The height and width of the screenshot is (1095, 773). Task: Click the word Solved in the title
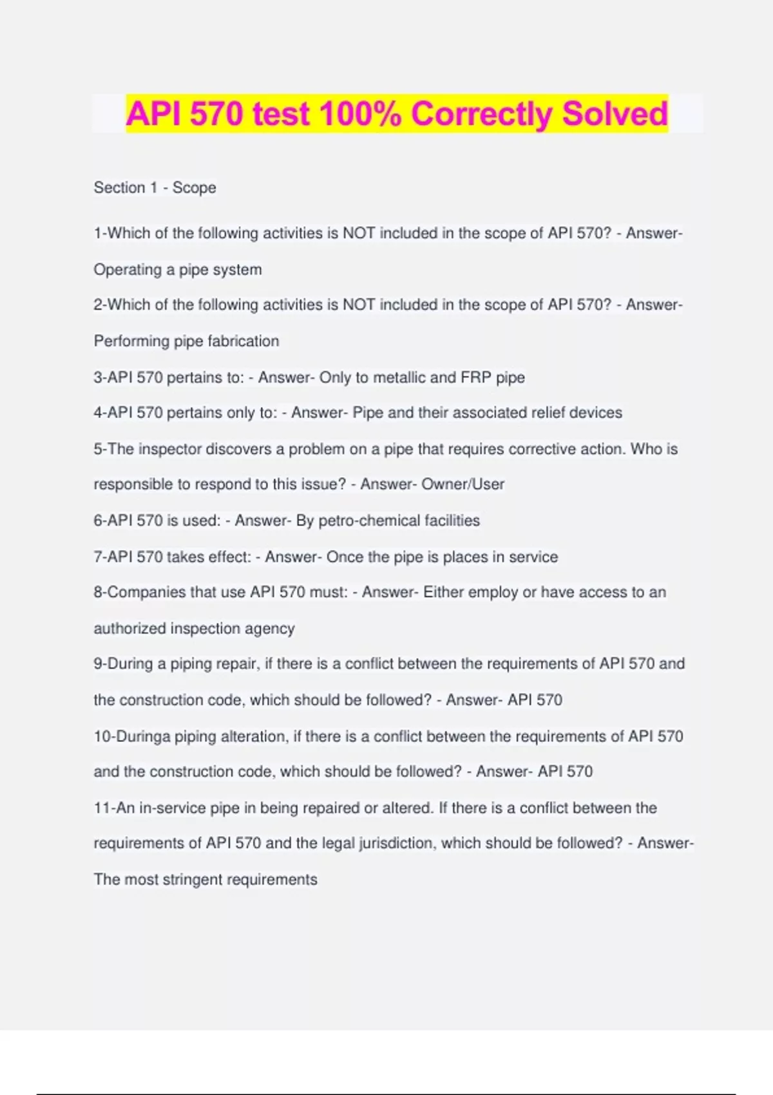point(615,114)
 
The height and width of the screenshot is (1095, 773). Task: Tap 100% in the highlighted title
point(360,114)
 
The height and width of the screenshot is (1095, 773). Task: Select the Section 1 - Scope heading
point(155,188)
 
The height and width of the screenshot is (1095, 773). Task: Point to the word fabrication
point(243,341)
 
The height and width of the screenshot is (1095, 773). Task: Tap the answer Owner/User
point(463,484)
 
